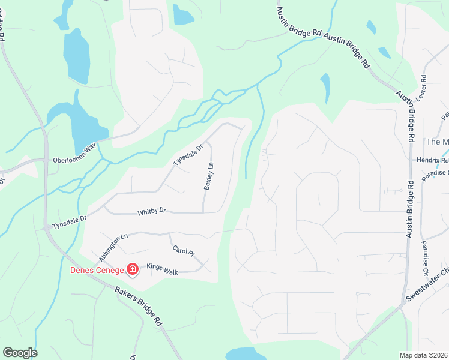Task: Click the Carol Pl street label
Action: [184, 252]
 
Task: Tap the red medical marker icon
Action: [133, 270]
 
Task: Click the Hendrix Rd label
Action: [432, 161]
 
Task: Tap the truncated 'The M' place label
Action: [437, 142]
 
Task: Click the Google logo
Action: [20, 353]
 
